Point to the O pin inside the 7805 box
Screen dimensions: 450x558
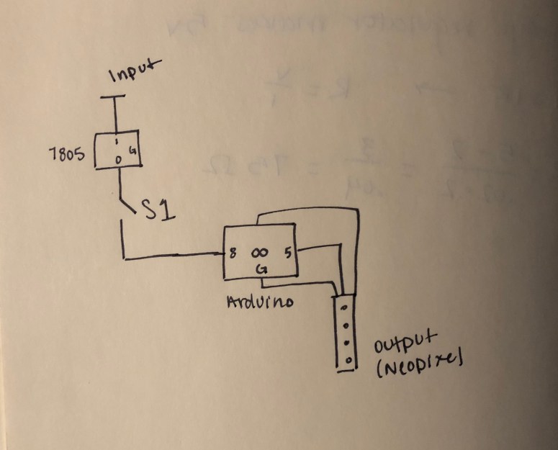point(119,158)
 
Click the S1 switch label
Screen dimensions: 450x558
point(157,210)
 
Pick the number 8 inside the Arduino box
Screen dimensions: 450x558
point(235,254)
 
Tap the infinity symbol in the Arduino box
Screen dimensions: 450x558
point(259,253)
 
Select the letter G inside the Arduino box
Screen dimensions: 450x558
point(262,269)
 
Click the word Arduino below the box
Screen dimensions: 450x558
point(260,302)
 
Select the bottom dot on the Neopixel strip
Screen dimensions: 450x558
point(348,359)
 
